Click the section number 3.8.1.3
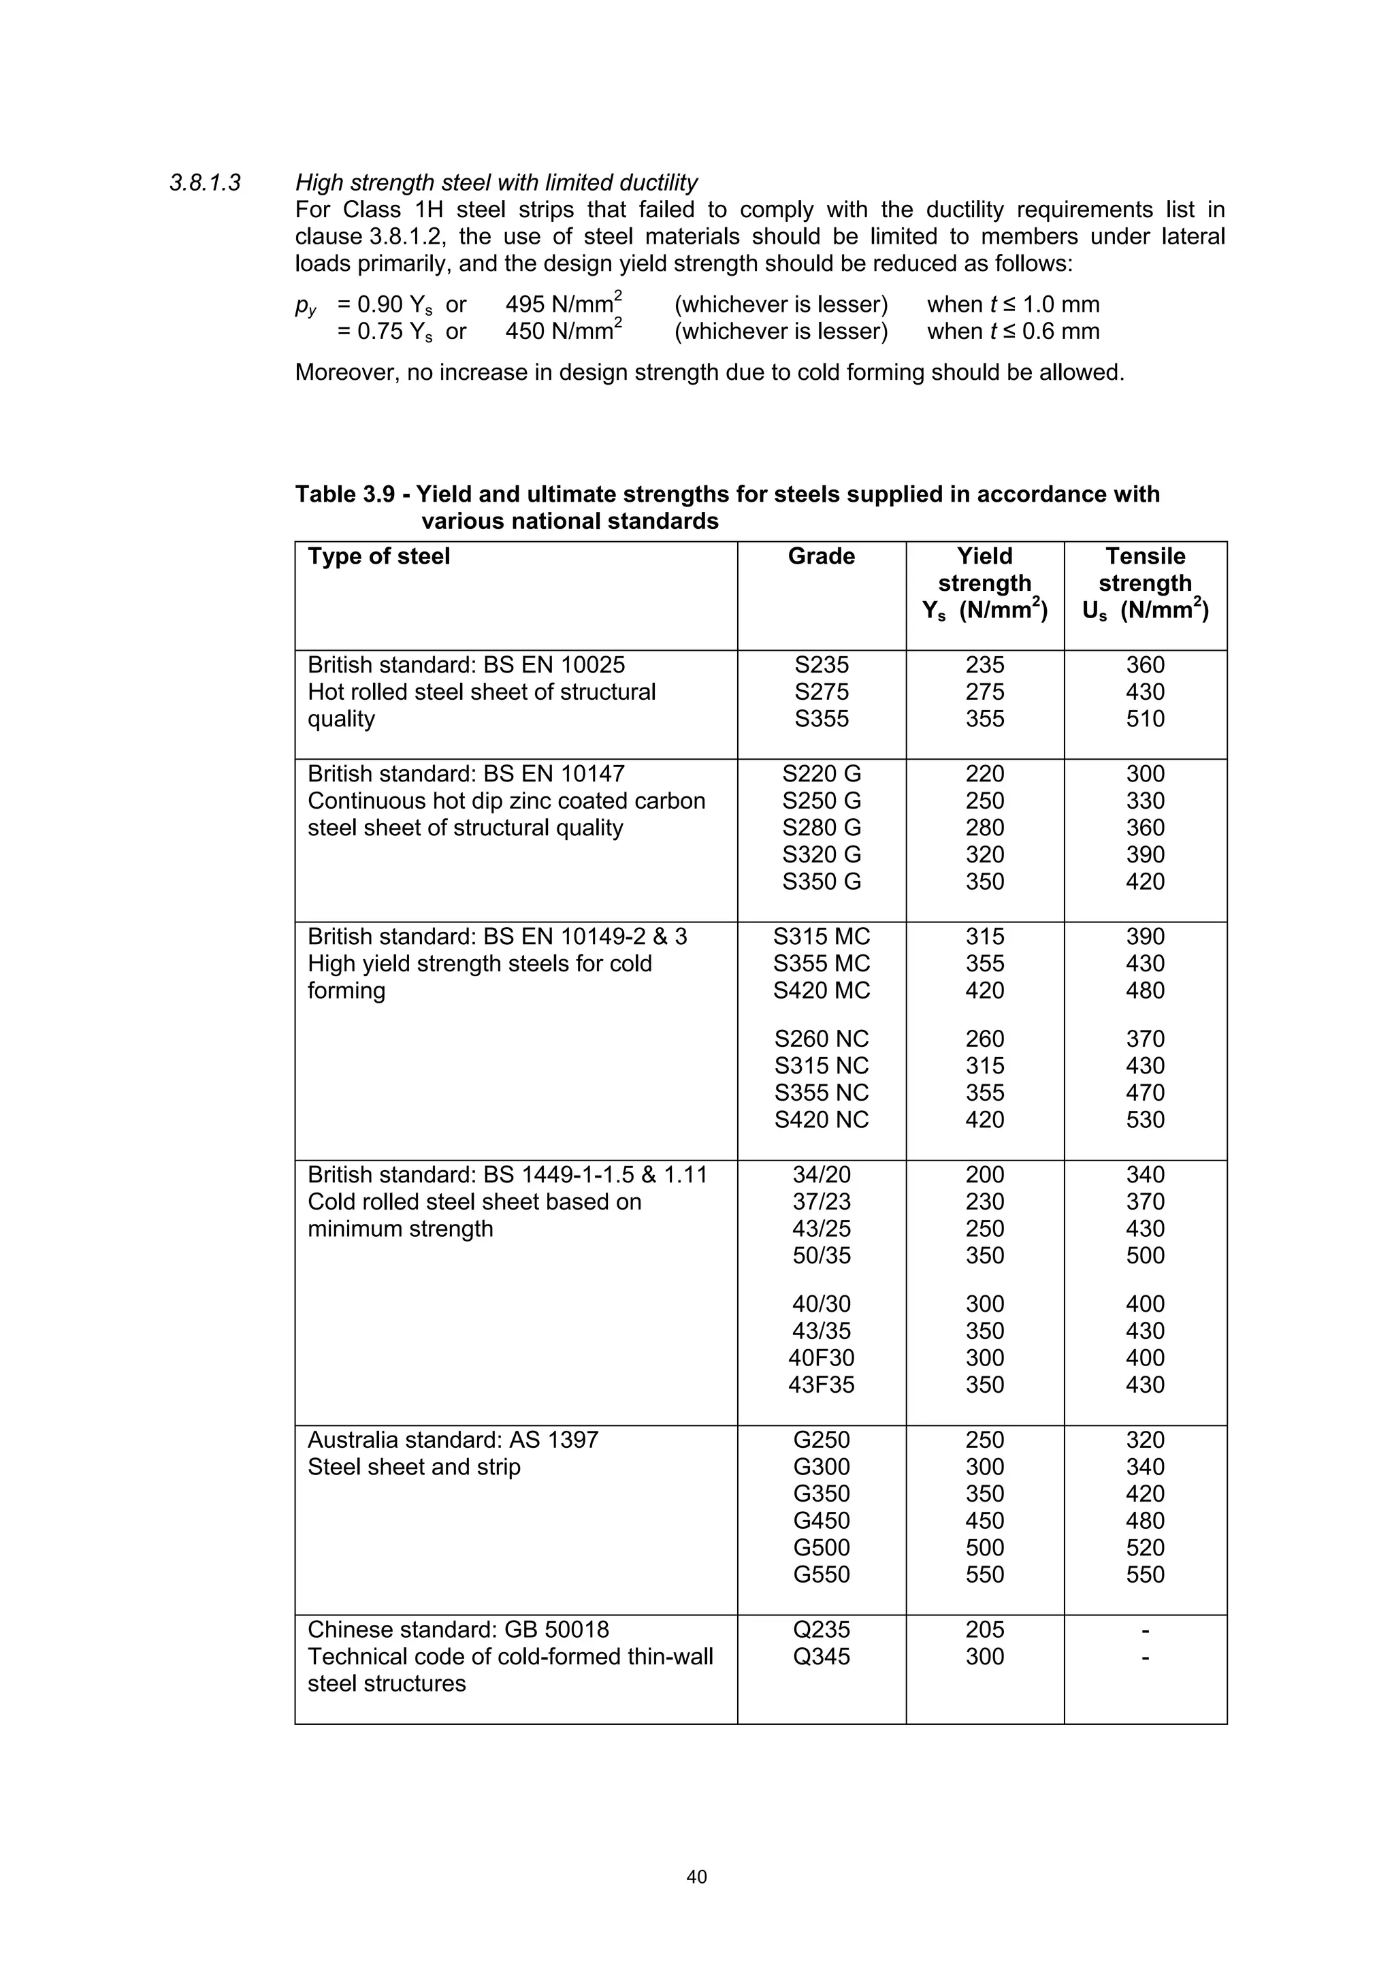tap(206, 183)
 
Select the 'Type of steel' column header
tap(378, 557)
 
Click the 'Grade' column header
tap(821, 557)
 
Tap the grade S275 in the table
tap(821, 692)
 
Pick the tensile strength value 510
tap(1145, 719)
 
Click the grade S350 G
tap(821, 882)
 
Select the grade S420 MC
tap(821, 991)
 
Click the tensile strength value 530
tap(1145, 1120)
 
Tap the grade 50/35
tap(821, 1256)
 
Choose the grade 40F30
tap(821, 1358)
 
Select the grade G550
tap(821, 1575)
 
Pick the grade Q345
tap(821, 1657)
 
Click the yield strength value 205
tap(984, 1630)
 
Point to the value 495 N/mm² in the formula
tap(563, 305)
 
